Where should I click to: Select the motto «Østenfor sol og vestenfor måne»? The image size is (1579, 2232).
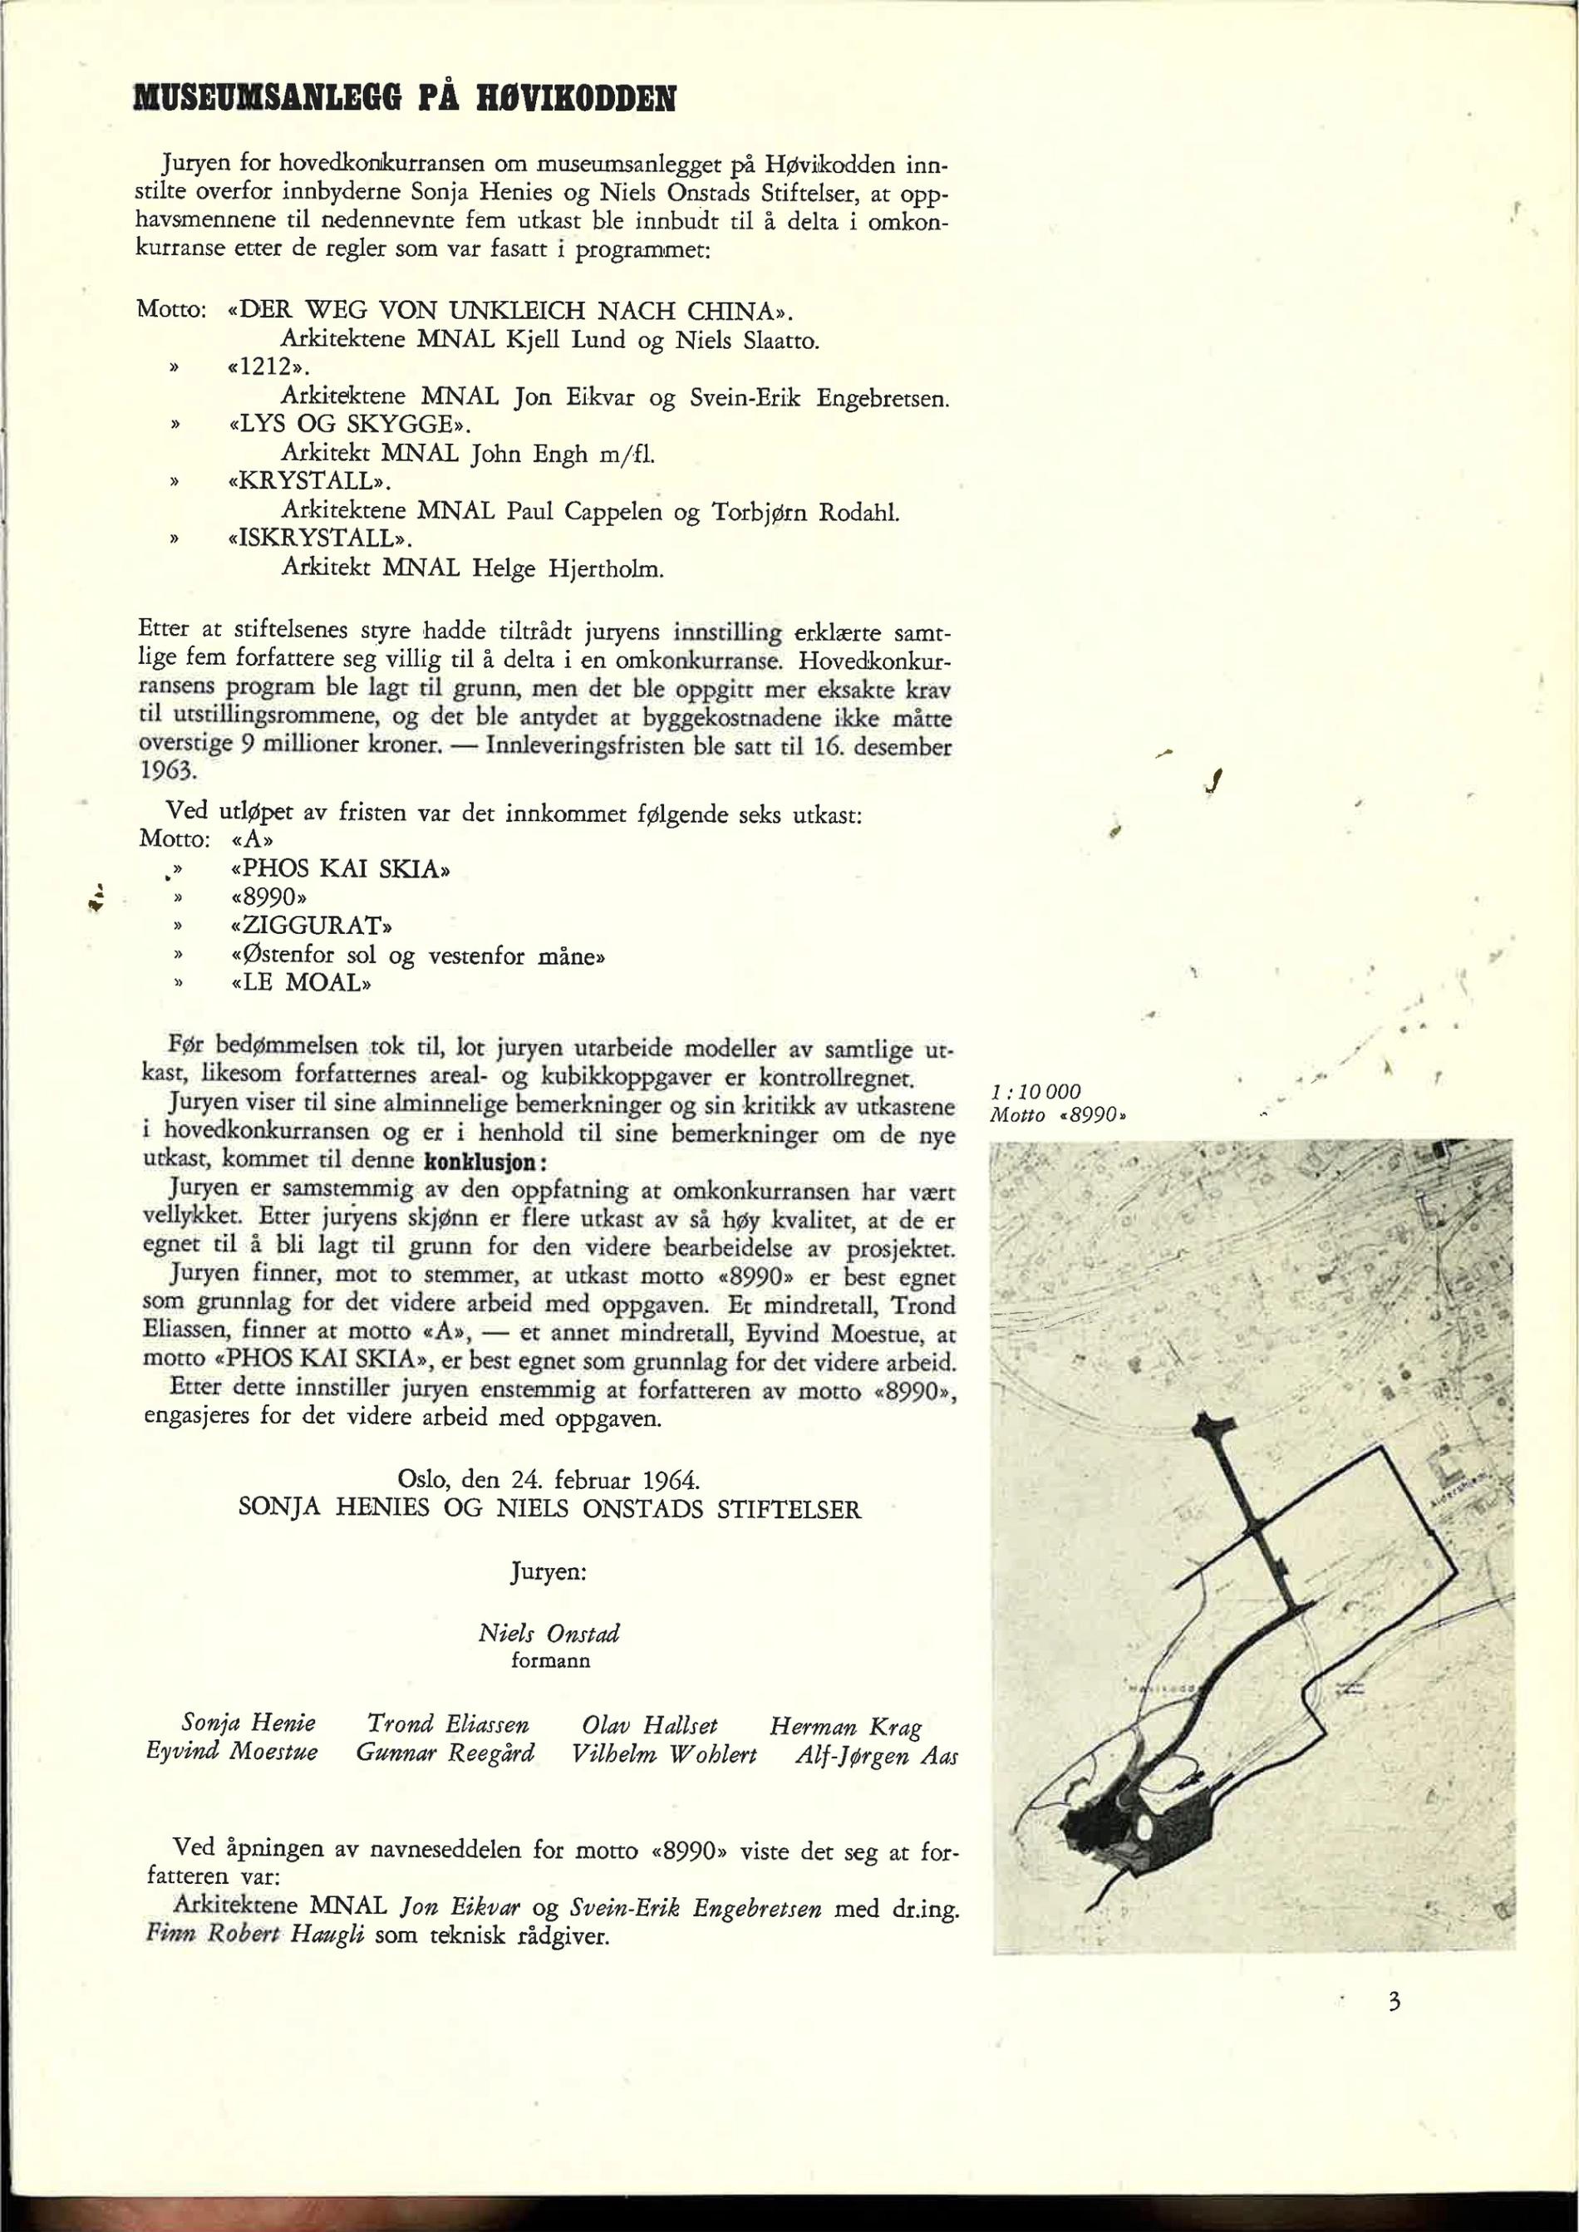point(418,954)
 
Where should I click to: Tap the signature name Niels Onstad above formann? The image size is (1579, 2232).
point(549,1632)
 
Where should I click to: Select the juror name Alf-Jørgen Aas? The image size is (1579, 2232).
point(876,1755)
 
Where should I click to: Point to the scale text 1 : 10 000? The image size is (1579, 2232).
point(1036,1092)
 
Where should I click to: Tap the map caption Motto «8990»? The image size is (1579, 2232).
point(1059,1115)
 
